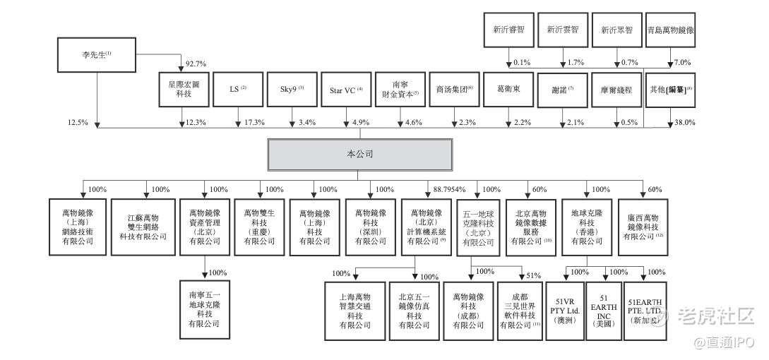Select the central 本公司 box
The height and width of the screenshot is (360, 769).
[x=359, y=153]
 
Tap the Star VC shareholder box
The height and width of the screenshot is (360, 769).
[x=345, y=90]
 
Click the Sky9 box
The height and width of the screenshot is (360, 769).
[x=291, y=90]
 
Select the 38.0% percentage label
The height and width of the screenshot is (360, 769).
[x=684, y=122]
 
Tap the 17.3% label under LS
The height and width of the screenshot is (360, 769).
[x=254, y=123]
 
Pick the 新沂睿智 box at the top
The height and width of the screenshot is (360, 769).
[x=508, y=30]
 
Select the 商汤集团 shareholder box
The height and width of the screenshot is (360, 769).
[x=454, y=90]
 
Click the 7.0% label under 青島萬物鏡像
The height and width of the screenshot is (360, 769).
[x=681, y=63]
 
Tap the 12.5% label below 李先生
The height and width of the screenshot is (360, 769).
[x=78, y=122]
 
